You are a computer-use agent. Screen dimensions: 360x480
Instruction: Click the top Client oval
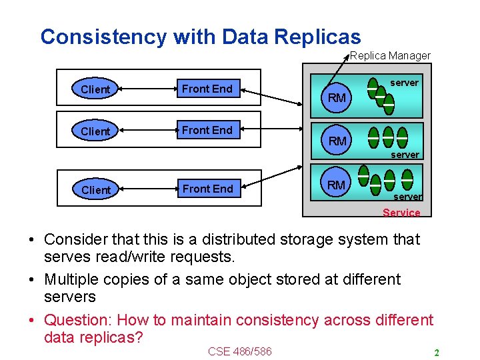click(x=95, y=89)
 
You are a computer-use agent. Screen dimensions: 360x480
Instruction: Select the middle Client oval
click(x=95, y=131)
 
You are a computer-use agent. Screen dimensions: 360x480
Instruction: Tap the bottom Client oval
click(x=95, y=190)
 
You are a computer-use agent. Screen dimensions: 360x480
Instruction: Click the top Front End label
click(x=207, y=89)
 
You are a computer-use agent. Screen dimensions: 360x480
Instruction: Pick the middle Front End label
click(x=207, y=130)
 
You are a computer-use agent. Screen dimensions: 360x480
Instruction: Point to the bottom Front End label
click(x=208, y=189)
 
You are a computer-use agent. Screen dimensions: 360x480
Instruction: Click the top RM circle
click(x=337, y=98)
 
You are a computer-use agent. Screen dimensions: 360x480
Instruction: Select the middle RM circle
click(x=337, y=141)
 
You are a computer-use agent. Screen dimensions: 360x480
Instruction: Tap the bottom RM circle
click(x=337, y=185)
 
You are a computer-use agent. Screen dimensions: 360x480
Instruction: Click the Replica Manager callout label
click(x=390, y=56)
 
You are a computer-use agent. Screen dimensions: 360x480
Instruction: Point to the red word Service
click(x=401, y=213)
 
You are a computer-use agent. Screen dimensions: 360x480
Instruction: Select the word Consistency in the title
click(x=103, y=37)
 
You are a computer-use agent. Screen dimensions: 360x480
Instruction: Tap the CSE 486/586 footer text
click(x=240, y=351)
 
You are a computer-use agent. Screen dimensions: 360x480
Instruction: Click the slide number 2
click(x=436, y=352)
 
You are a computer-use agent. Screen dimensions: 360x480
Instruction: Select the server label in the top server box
click(x=404, y=83)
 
